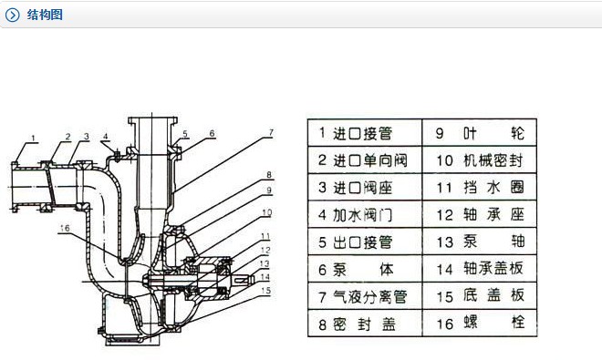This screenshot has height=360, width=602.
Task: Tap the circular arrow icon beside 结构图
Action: click(x=13, y=15)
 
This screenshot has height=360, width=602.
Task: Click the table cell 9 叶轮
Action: click(x=480, y=133)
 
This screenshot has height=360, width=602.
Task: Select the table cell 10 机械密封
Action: click(x=480, y=160)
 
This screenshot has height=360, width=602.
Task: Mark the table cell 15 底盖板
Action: click(x=480, y=297)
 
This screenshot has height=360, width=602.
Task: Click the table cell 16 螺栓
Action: click(x=480, y=323)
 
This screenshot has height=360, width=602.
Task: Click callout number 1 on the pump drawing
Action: click(x=32, y=138)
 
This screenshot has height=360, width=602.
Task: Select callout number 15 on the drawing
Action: click(x=265, y=291)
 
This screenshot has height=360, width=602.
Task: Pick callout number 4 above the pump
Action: click(x=105, y=137)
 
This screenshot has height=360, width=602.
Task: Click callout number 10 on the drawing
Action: click(x=266, y=211)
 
